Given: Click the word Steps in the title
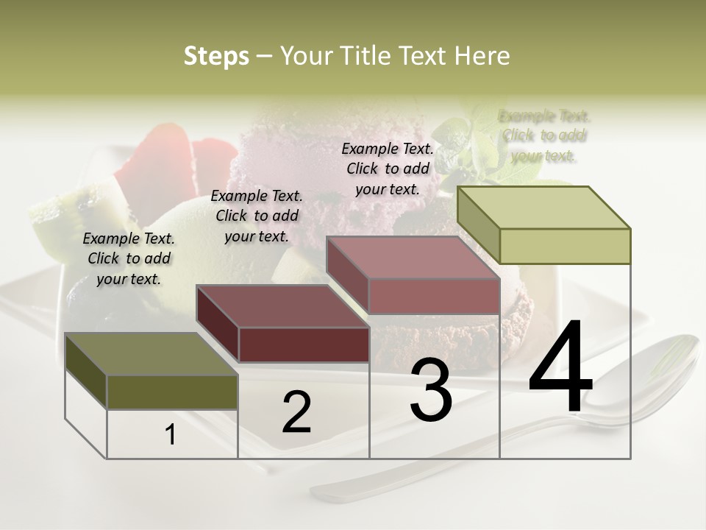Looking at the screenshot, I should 216,56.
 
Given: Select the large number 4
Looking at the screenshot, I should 560,368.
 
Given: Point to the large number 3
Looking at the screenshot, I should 431,390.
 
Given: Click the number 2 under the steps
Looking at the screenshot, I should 296,412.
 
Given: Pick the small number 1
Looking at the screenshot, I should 171,435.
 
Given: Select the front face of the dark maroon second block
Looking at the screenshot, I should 303,344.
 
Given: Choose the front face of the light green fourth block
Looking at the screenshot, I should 565,246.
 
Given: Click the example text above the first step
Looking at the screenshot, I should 129,259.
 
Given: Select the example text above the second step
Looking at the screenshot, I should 257,216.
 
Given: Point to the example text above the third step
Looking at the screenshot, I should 388,169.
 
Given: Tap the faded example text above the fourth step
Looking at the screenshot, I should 544,136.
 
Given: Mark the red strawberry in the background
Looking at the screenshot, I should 158,155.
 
